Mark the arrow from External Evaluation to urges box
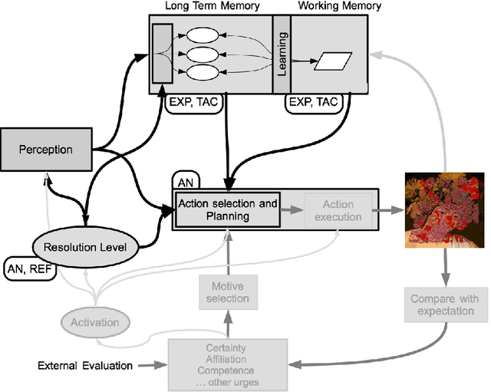tap(153, 366)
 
